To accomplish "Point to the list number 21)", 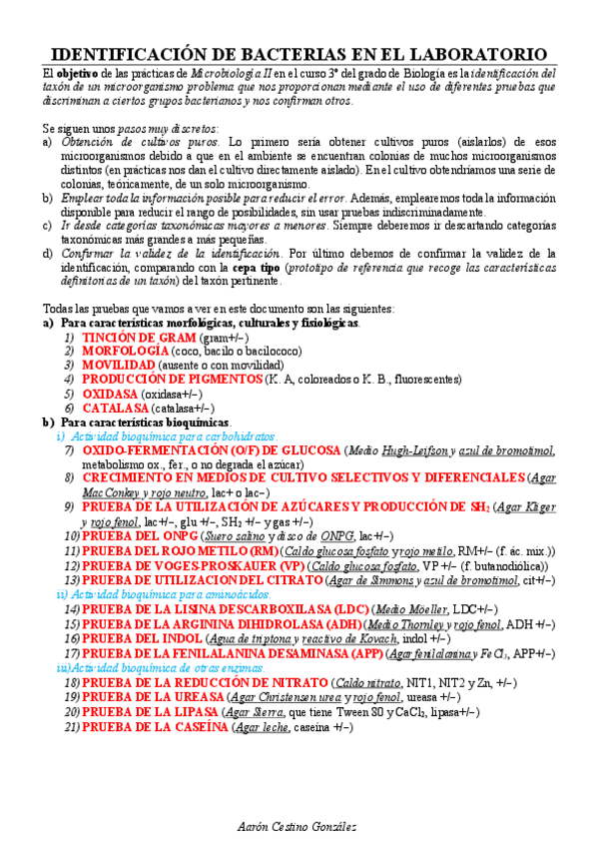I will coord(71,726).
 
